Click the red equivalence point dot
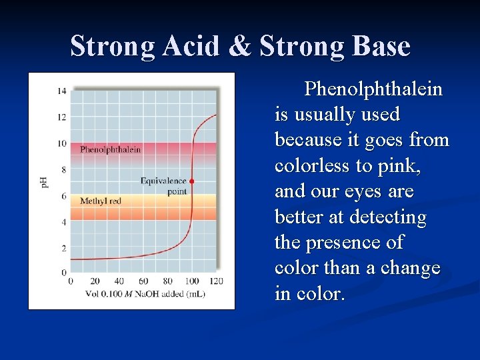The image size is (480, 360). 192,181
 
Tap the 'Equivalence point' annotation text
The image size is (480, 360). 164,186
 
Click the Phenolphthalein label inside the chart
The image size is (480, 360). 111,149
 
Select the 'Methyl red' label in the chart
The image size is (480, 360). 101,201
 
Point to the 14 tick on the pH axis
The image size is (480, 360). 61,91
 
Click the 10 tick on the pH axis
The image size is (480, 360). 61,143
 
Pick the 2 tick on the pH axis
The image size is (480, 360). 63,248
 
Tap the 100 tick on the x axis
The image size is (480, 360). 191,281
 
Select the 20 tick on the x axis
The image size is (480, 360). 95,281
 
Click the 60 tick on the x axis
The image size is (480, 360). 143,281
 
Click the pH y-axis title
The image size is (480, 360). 45,181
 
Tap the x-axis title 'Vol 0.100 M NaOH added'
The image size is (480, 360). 145,293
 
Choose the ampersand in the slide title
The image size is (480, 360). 242,47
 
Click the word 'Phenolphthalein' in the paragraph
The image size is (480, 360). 373,89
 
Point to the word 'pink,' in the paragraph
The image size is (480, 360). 399,165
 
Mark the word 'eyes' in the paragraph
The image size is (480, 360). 365,191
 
